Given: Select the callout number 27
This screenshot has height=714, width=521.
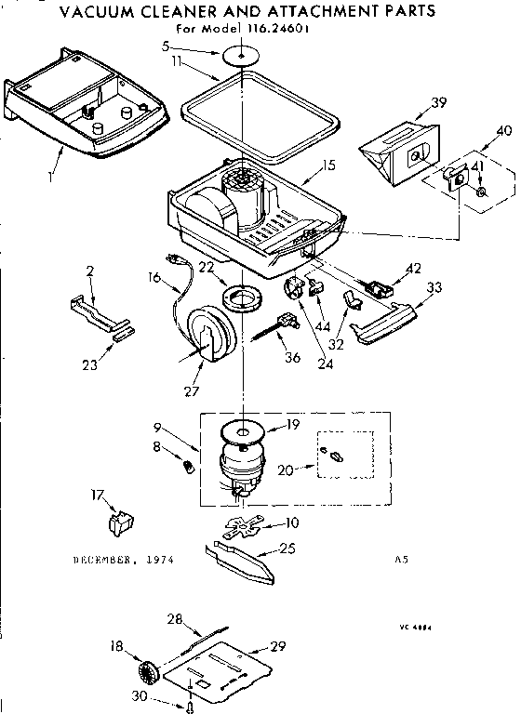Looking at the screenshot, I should click(x=192, y=390).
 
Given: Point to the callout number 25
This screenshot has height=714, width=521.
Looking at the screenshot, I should click(x=287, y=549).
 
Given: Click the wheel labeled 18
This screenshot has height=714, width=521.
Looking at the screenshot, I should click(x=146, y=671).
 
